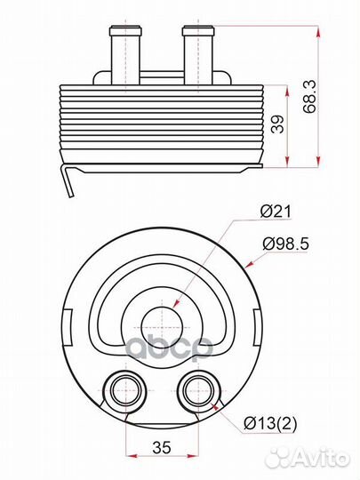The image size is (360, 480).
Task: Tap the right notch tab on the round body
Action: click(255, 322)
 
